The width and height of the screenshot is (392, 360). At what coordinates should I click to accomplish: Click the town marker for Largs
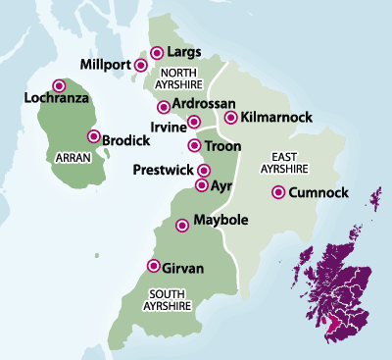pos(157,52)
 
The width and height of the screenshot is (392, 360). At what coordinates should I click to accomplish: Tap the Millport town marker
pos(141,67)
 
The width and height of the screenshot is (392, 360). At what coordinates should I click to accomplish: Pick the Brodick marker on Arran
pos(94,137)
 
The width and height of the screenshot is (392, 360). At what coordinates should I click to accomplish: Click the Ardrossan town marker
pos(163,107)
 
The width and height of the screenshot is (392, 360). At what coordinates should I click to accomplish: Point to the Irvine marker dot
pos(194,123)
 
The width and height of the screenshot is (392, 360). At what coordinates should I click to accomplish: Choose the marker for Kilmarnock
pos(230,119)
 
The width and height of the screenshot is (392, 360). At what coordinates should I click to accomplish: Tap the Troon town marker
pos(192,146)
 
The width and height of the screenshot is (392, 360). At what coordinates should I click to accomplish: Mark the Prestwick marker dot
pos(204,171)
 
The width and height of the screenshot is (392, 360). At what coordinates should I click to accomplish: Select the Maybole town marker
pos(181,226)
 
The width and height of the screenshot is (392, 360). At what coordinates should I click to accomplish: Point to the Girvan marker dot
pos(152,266)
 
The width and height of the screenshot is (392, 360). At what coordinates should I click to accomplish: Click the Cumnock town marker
pos(279,192)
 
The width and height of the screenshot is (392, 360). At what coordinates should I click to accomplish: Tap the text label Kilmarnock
pos(277,118)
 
